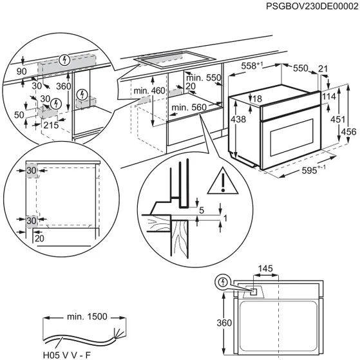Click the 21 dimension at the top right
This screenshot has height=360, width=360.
(323, 69)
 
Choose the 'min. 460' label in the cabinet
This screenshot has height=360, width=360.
(150, 91)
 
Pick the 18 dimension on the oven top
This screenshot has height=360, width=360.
(256, 99)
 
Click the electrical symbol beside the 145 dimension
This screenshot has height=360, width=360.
(223, 282)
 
